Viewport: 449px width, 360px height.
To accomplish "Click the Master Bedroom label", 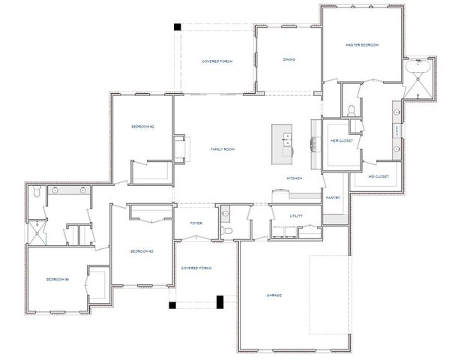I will click(x=362, y=45).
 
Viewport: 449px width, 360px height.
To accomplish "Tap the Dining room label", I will click(x=289, y=60).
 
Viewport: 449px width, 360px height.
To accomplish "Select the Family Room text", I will click(x=223, y=150).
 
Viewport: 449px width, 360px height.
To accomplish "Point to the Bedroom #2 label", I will click(x=142, y=127).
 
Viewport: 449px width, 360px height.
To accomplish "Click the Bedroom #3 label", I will click(x=142, y=251).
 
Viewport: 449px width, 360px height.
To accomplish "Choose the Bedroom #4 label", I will click(x=57, y=280).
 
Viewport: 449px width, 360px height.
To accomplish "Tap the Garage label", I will click(x=274, y=295).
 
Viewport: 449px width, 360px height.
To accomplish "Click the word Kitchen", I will click(x=294, y=178).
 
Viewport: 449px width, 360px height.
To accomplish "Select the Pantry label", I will click(x=333, y=198).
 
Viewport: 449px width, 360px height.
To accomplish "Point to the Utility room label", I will click(x=296, y=216).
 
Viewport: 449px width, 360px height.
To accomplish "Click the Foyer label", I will click(x=196, y=223).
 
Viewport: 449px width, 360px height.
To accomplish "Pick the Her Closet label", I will click(x=341, y=141).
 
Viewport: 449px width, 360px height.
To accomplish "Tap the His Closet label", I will click(x=378, y=177).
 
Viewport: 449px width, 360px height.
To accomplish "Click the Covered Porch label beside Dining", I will click(x=217, y=61).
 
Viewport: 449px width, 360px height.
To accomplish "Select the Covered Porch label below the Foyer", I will click(x=196, y=268).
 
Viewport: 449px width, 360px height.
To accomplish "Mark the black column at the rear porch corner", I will click(x=178, y=27).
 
